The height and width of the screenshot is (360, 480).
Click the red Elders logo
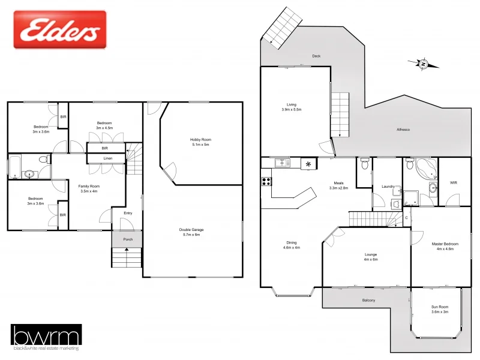59,29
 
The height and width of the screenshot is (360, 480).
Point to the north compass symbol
423,63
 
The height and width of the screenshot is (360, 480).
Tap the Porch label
127,239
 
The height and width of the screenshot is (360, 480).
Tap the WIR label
454,183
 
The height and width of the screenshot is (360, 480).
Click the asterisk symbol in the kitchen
309,163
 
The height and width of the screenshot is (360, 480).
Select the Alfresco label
403,130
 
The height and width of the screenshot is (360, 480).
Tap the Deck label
316,56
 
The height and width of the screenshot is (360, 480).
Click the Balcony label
368,300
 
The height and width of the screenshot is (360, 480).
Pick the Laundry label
388,187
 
